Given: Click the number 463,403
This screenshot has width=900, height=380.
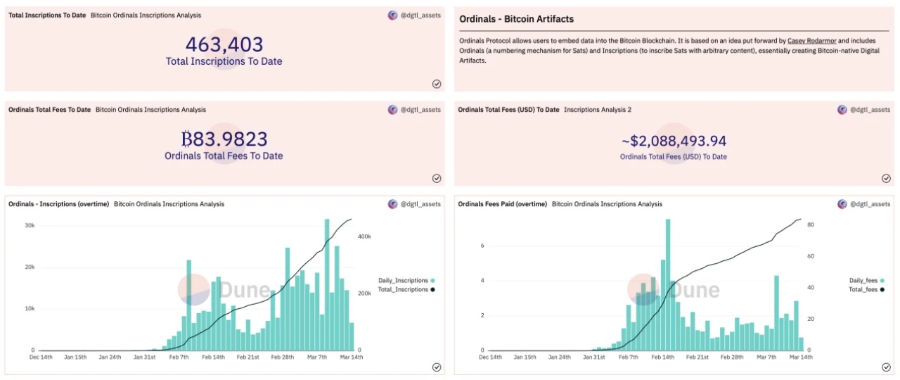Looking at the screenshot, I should (224, 45).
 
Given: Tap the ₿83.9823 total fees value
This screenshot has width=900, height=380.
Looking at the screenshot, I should (224, 139).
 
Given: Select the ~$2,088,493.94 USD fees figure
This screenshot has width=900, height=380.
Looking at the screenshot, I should (674, 141).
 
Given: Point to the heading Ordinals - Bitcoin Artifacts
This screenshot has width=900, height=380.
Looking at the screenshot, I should (516, 19).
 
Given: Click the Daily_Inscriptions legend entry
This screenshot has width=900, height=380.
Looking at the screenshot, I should (406, 280).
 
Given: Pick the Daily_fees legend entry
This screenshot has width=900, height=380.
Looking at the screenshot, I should (866, 280).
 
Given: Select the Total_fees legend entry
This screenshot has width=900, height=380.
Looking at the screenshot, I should (866, 289).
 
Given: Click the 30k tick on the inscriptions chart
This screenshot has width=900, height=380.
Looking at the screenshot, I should (30, 225).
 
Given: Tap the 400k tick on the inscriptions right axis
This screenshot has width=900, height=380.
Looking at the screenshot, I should (365, 236).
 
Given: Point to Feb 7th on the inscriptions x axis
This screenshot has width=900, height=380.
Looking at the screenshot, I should (179, 357).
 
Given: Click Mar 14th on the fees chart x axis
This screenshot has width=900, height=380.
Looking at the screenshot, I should (799, 357).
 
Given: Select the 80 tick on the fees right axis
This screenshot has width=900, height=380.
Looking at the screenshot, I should (810, 224).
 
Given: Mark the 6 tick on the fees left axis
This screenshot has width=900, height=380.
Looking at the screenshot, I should (482, 246).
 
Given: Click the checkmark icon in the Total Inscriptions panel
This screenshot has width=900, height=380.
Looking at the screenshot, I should (436, 84).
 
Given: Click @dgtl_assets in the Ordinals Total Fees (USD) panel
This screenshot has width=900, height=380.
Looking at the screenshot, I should (870, 110).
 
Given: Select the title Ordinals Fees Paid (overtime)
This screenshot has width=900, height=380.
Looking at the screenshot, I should (502, 204).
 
